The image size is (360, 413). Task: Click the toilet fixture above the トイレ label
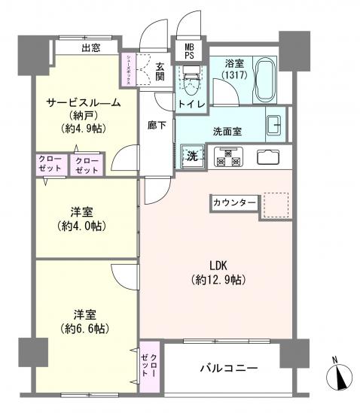point(190,75)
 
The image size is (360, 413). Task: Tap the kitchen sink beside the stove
point(267,157)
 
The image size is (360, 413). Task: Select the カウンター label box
point(234,203)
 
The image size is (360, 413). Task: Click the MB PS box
point(185,50)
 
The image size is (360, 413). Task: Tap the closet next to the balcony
point(149,367)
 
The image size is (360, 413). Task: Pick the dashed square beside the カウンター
point(275,205)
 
